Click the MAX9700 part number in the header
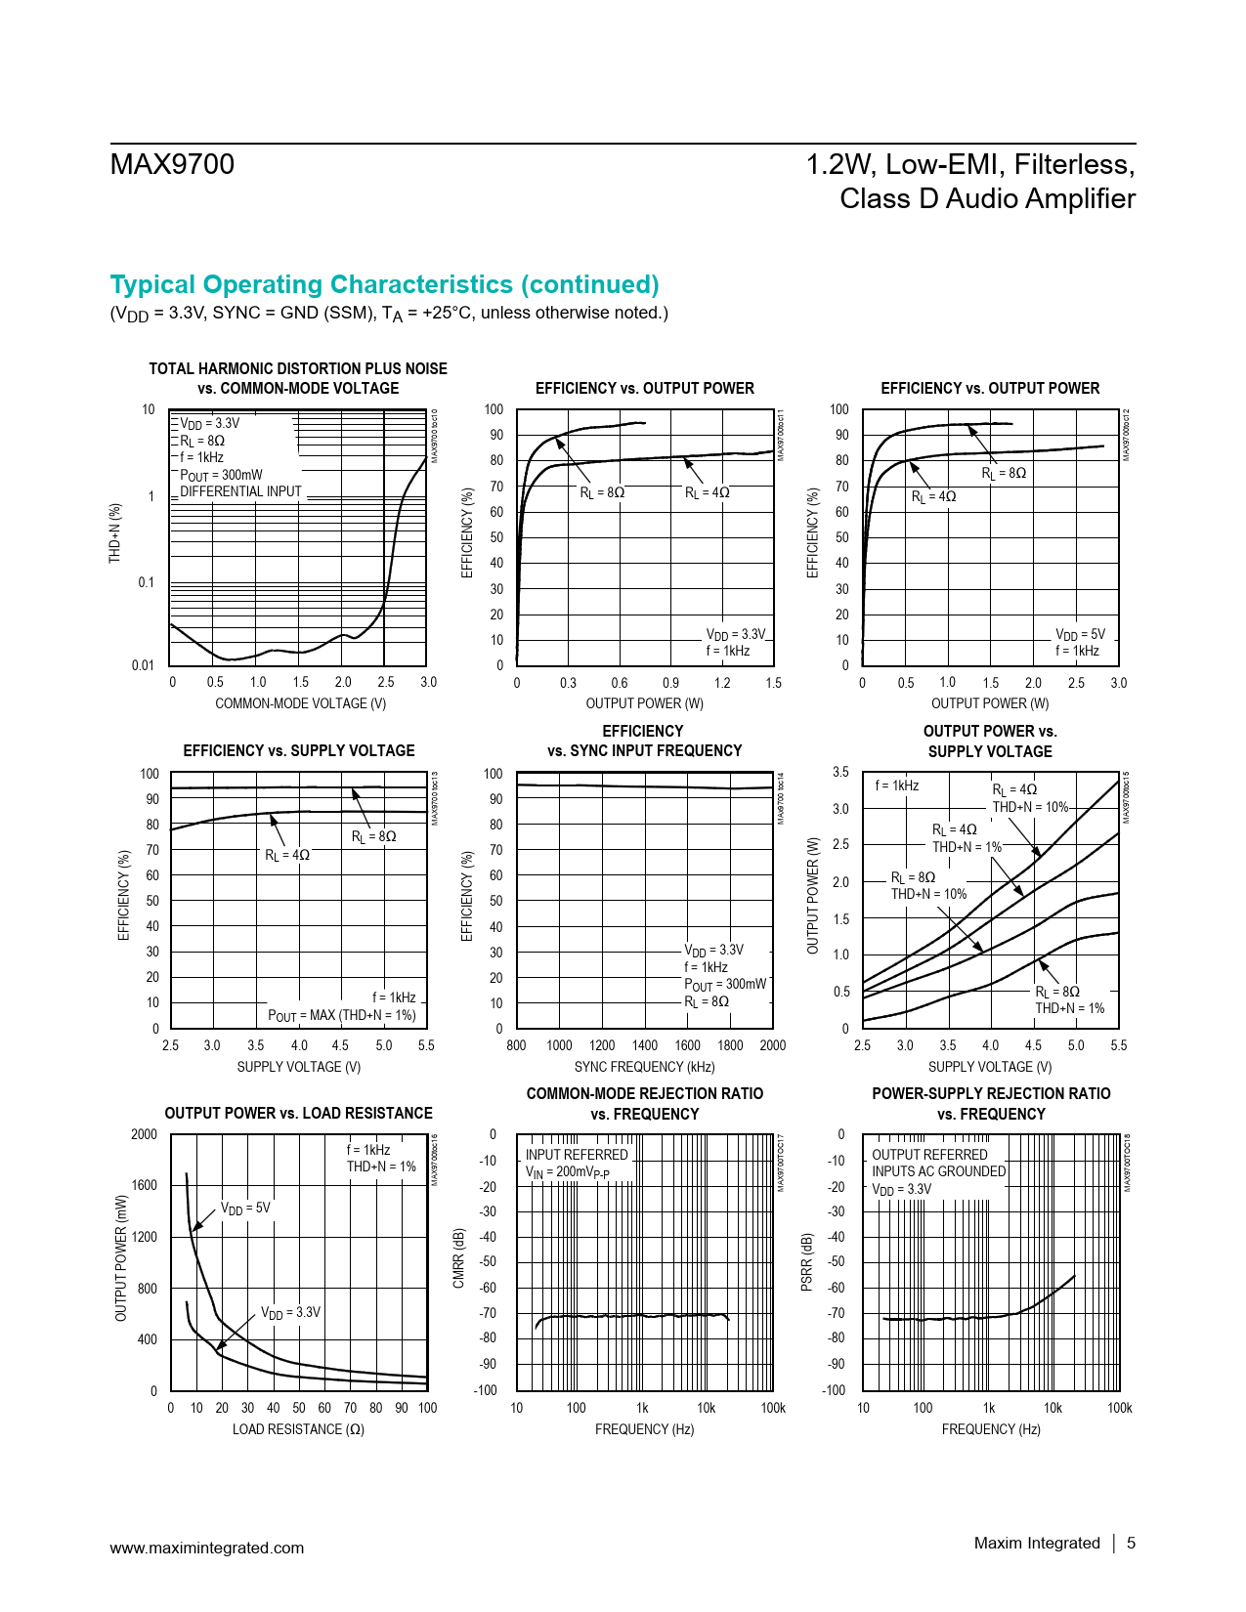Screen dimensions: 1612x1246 point(172,164)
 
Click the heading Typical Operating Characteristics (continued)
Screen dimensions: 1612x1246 point(384,284)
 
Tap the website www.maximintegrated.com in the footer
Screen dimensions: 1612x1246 point(206,1548)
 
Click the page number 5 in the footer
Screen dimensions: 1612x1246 point(1131,1543)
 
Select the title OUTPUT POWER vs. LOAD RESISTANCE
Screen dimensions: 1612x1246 point(298,1113)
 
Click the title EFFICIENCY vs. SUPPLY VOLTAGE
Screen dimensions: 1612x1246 point(298,750)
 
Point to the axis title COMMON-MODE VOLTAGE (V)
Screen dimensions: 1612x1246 point(300,703)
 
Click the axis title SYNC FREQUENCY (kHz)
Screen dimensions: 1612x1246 point(644,1067)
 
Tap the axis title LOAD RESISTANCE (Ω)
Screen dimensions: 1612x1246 point(298,1429)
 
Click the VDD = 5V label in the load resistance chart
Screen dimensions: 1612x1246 point(245,1209)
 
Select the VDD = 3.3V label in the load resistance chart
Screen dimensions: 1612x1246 point(290,1312)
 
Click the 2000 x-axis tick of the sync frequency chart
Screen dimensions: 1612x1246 point(772,1045)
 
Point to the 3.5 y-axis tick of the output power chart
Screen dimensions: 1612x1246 point(840,772)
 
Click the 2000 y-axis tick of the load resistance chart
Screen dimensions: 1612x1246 point(144,1134)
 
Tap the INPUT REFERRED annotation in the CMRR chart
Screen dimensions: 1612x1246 point(577,1155)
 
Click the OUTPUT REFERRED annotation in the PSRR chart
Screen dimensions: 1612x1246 point(929,1155)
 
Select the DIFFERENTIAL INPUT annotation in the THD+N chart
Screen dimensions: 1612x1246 point(240,491)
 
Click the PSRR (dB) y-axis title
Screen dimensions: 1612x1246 point(807,1262)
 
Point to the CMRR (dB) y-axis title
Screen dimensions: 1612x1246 point(459,1258)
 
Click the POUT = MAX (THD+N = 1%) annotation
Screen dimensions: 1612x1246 point(342,1016)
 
